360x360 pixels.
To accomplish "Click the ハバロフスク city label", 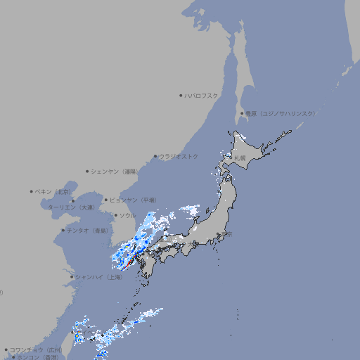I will tap(201, 95).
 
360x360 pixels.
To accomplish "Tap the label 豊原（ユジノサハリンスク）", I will tap(280, 113).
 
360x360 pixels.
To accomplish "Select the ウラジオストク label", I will tap(179, 156).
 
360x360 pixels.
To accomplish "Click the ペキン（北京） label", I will tap(53, 191).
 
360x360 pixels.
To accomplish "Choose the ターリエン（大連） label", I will tap(71, 207).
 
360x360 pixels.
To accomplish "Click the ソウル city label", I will tap(127, 215).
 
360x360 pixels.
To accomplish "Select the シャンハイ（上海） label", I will tap(98, 277).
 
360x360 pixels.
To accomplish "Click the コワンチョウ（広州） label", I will tap(36, 349).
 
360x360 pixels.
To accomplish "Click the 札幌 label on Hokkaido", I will tap(240, 158).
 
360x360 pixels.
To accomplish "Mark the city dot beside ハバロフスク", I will tap(181, 95).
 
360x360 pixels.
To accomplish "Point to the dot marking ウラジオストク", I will tap(155, 156).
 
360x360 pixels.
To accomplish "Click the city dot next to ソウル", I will tap(115, 215).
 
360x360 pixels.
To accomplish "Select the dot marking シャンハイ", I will tap(72, 277).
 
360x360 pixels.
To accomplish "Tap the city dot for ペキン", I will tap(32, 191).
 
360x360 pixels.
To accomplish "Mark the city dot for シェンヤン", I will tap(87, 171).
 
